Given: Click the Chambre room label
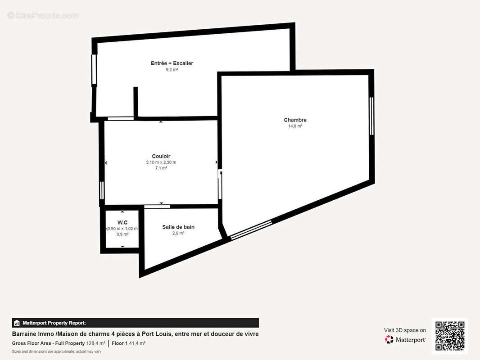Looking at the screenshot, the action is pos(295,120).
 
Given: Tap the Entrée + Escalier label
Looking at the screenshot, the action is pos(172,63).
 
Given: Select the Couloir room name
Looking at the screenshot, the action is pos(161,156).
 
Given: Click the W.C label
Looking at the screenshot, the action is pos(122,222).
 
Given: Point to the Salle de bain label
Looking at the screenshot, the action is pos(178,227).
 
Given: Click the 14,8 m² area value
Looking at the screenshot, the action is pos(295,126).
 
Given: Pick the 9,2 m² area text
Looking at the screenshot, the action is pos(172,70).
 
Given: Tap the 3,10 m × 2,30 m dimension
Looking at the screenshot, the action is pos(161,162).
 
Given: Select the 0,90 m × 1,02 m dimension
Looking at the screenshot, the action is pos(122,229).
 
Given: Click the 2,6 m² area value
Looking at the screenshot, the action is pos(178,233).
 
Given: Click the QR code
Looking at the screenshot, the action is pos(450,336).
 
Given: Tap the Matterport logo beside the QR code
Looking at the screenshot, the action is pos(405,339).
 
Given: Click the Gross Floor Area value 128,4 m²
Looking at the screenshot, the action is pos(96,343).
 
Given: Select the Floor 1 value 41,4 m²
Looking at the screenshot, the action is pos(137,343).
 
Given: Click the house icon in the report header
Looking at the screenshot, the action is pos(17,323).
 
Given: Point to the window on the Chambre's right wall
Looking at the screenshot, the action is pos(371,116).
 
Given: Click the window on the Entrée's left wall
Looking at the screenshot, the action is pos(94,69).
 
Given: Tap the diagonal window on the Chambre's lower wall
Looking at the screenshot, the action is pos(251,229).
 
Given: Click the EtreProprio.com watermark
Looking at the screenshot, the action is pos(43,15).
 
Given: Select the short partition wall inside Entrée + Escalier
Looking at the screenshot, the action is pos(136,102).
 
